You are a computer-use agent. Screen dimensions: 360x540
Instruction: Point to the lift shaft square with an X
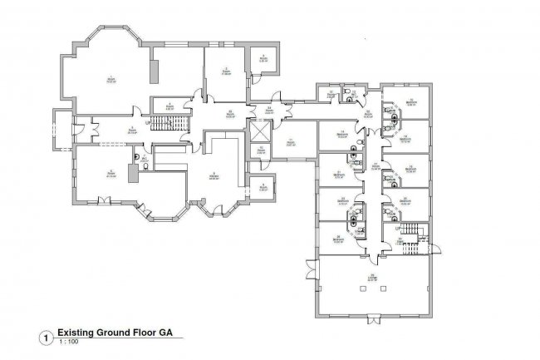click(x=261, y=131)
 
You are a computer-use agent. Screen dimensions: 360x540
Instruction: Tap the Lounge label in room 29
click(x=373, y=279)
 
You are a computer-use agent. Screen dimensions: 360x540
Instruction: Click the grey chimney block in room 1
click(x=155, y=70)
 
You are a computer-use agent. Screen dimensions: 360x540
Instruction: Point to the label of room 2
click(x=225, y=72)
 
